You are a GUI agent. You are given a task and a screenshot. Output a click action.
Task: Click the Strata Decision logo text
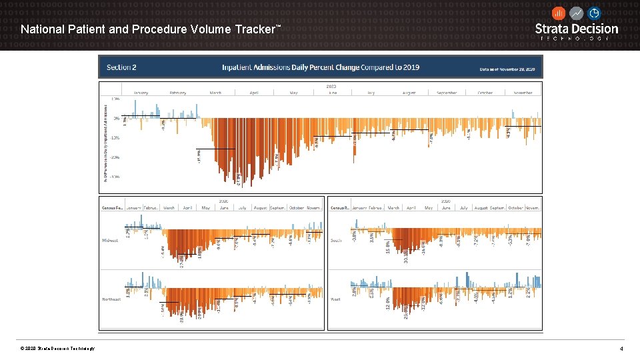(x=577, y=29)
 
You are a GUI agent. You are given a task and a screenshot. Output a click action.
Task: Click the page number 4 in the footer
(x=621, y=349)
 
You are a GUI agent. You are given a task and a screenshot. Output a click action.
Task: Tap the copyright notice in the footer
(x=57, y=349)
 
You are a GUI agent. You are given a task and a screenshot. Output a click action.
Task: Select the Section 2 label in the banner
(x=121, y=67)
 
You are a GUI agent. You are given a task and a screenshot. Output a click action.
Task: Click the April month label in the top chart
(x=253, y=93)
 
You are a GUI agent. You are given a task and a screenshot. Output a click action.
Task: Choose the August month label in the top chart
(x=409, y=93)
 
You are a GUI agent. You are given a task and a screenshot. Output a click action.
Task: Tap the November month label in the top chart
(x=523, y=93)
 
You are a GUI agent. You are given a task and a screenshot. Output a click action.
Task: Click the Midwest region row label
(x=110, y=240)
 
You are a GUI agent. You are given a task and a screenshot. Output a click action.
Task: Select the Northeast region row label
(x=111, y=299)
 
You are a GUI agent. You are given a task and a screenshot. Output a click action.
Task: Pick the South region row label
(x=337, y=240)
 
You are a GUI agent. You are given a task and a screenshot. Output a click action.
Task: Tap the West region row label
(x=336, y=299)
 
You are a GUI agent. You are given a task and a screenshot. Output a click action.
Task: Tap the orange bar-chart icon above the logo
(x=559, y=13)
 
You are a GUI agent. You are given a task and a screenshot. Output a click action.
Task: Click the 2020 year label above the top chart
(x=331, y=86)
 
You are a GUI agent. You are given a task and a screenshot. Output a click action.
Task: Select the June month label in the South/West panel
(x=446, y=208)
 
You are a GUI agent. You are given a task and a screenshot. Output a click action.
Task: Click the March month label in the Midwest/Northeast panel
(x=169, y=208)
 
